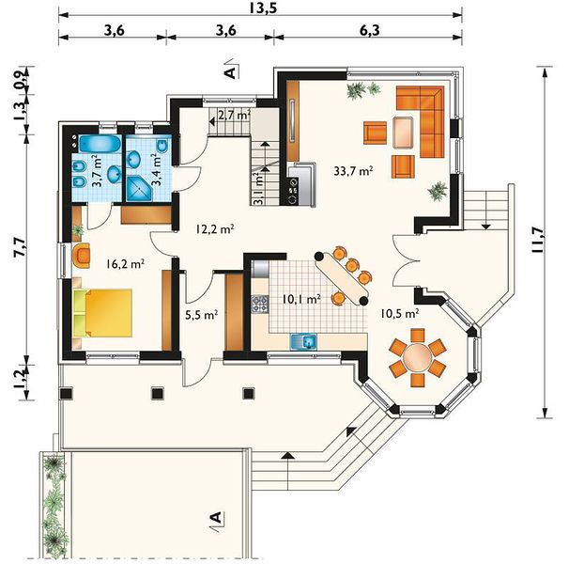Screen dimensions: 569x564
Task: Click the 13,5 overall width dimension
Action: coord(263,8)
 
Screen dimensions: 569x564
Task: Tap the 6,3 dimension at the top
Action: coord(370,30)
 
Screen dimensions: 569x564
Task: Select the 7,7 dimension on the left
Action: coord(20,248)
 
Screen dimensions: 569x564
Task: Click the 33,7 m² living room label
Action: coord(354,171)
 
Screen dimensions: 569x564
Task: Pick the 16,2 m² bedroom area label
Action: coord(126,263)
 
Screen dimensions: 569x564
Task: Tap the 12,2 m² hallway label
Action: coord(214,229)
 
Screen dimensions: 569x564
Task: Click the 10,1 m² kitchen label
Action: coord(301,299)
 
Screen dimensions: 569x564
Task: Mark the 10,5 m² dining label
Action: coord(400,313)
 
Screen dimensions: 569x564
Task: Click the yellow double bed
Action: coord(102,313)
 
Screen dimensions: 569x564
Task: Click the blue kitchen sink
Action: coord(303,342)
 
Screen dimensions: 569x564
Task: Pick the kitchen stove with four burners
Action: coord(260,305)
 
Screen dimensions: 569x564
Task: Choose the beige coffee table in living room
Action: coord(403,133)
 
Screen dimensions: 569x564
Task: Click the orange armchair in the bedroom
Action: coord(82,256)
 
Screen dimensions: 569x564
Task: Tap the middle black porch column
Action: coord(158,393)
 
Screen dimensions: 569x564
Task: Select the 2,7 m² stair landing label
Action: coord(234,116)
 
